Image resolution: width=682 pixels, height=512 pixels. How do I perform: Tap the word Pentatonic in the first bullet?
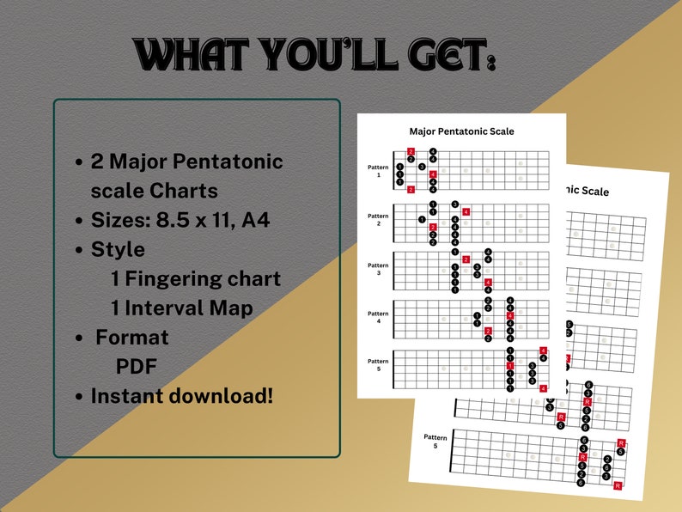click(x=230, y=161)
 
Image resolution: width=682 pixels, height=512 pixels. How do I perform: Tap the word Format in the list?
click(x=132, y=338)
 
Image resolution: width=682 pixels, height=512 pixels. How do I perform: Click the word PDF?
click(x=136, y=367)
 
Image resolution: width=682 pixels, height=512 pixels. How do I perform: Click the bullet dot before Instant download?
click(x=79, y=397)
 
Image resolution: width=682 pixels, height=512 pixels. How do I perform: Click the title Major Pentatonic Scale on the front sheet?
click(x=461, y=131)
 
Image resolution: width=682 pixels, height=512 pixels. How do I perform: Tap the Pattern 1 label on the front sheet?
click(x=378, y=170)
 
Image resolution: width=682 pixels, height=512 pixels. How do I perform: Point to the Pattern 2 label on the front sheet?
click(x=378, y=219)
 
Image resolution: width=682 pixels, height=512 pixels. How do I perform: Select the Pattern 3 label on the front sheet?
click(x=378, y=268)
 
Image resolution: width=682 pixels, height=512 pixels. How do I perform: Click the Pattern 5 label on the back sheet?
click(x=435, y=442)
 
